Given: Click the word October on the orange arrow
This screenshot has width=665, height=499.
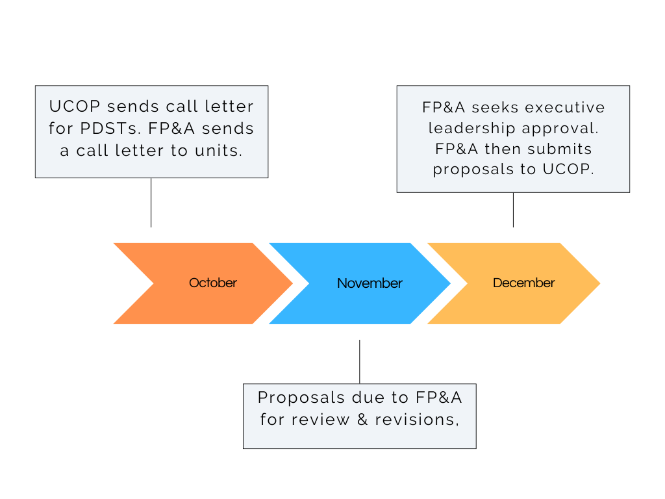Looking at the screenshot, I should click(212, 283).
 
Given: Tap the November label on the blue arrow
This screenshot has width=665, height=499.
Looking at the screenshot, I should click(370, 283).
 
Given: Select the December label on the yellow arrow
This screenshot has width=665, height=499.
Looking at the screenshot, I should click(523, 283).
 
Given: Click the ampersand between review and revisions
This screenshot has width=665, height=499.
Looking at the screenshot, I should click(362, 419).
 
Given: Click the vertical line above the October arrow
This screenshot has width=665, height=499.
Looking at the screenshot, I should click(151, 202).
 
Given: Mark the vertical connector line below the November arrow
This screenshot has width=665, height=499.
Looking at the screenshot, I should click(359, 361).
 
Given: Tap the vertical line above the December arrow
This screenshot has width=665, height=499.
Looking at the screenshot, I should click(513, 209).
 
